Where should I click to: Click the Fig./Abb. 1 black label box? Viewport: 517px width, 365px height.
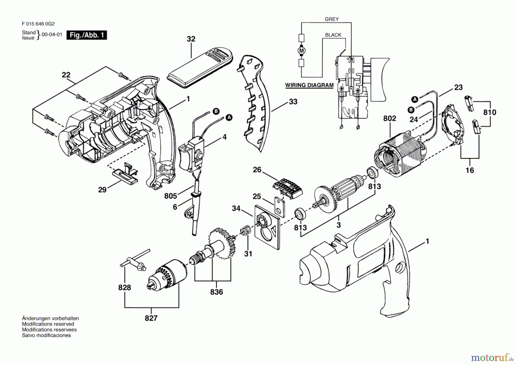(86, 35)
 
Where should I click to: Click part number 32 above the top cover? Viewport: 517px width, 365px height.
(191, 39)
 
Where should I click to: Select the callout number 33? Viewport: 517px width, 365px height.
(293, 102)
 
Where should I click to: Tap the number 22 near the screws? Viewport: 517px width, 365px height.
(66, 75)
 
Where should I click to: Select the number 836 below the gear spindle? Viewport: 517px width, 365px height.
(216, 292)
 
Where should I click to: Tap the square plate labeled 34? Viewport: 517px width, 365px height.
(267, 227)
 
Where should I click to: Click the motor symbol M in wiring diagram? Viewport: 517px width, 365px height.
(301, 51)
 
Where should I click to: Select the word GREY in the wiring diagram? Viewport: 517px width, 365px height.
(331, 19)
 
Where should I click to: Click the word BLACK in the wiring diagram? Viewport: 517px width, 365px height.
(333, 35)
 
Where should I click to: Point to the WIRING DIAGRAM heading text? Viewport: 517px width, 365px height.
(309, 85)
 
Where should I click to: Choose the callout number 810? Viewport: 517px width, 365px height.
(489, 112)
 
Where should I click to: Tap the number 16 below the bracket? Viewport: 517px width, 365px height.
(470, 170)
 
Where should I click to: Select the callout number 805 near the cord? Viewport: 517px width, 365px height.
(170, 196)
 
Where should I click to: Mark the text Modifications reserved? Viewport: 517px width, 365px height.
(48, 324)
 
